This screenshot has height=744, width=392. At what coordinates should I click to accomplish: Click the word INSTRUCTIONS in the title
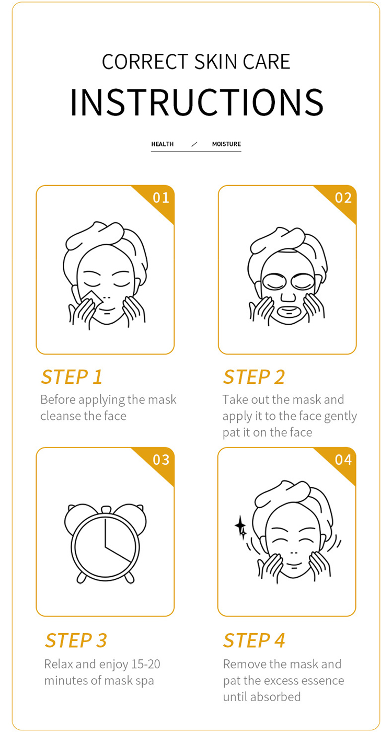[197, 102]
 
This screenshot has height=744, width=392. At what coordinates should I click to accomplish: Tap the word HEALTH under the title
[163, 144]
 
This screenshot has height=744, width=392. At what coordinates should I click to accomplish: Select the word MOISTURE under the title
[226, 144]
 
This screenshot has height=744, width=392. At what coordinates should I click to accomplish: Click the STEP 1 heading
[72, 377]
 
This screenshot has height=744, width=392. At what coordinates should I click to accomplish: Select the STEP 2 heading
[254, 377]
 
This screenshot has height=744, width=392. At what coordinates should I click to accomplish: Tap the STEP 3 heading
[76, 640]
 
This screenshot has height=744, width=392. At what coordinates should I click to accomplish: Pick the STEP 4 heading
[254, 640]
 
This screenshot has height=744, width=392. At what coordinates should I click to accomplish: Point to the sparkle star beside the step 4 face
[240, 526]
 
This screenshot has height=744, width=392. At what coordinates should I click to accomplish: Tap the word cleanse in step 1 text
[61, 416]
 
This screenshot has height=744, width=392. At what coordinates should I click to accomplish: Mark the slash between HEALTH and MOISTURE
[194, 144]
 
